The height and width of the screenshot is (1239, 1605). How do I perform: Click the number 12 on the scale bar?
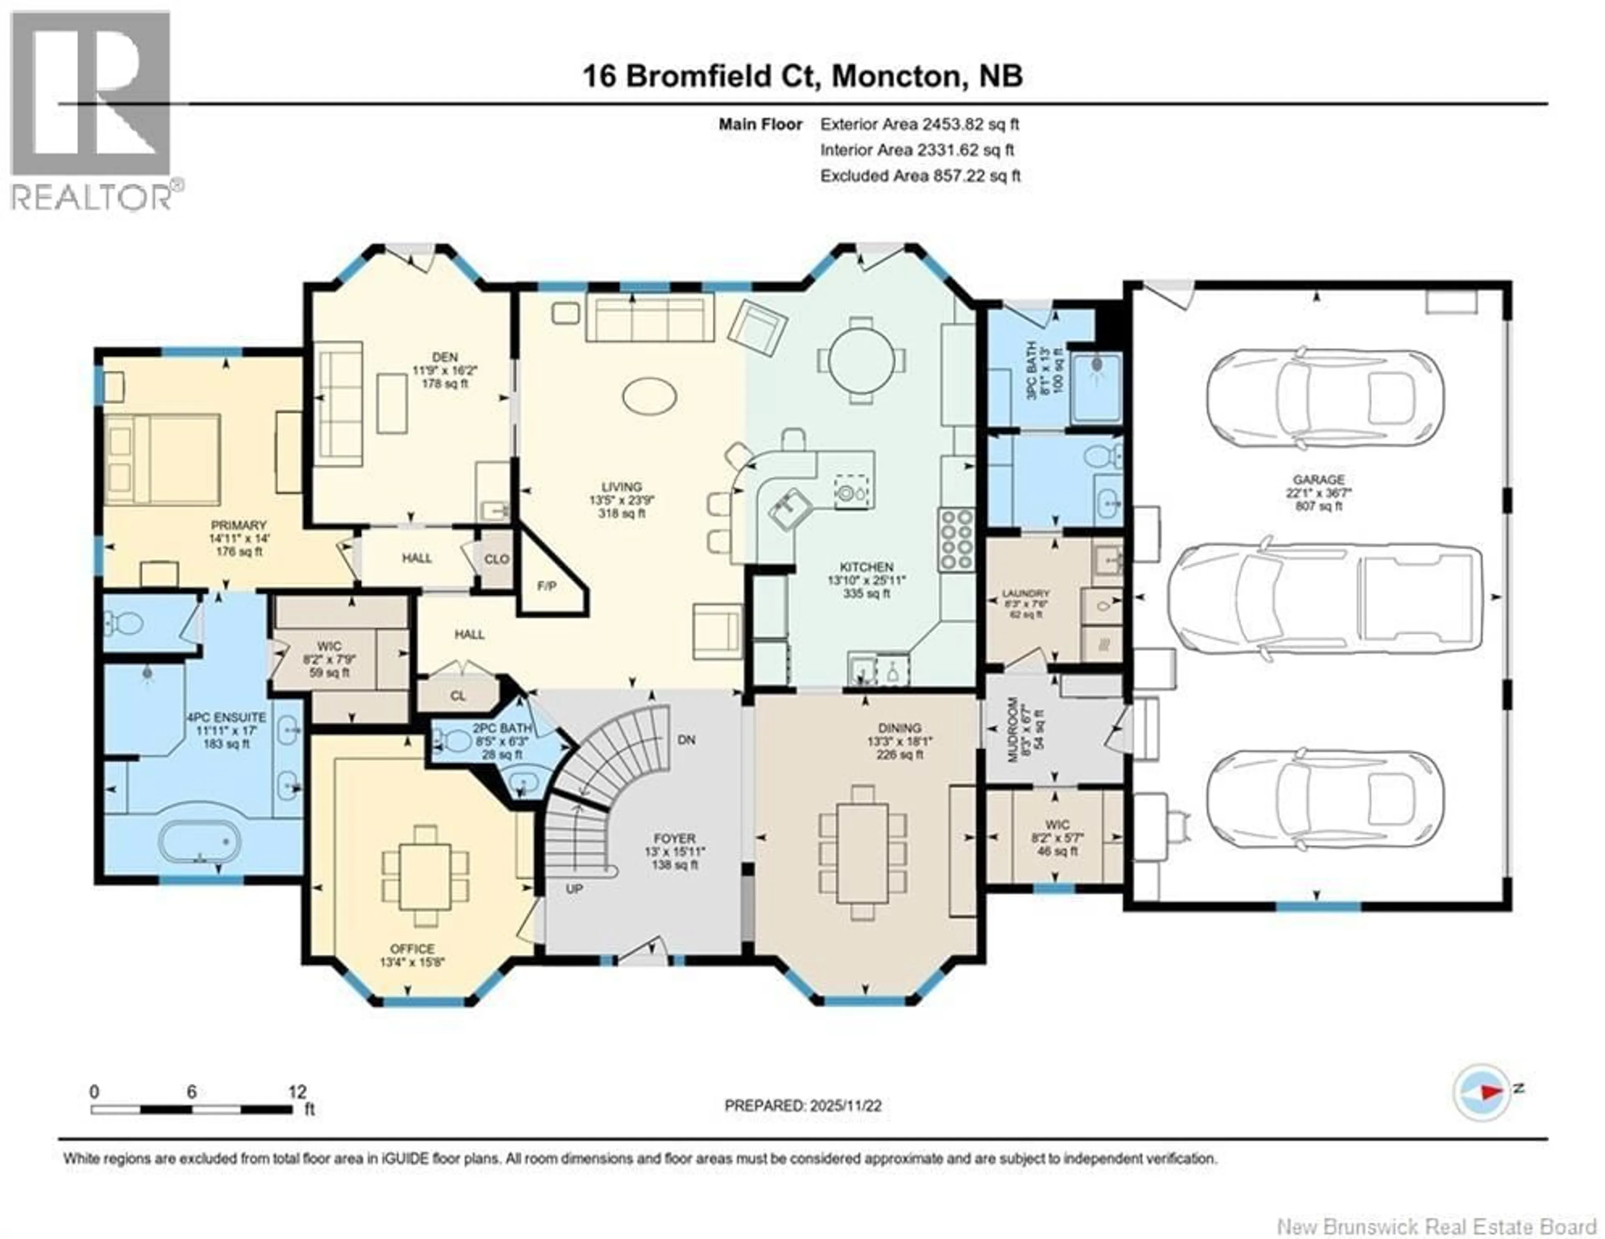coord(297,1092)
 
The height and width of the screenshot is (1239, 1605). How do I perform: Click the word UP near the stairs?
coord(574,889)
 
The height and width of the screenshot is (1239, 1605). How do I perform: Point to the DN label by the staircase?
coord(685,740)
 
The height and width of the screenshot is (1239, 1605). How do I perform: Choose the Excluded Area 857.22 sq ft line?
coord(920,176)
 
